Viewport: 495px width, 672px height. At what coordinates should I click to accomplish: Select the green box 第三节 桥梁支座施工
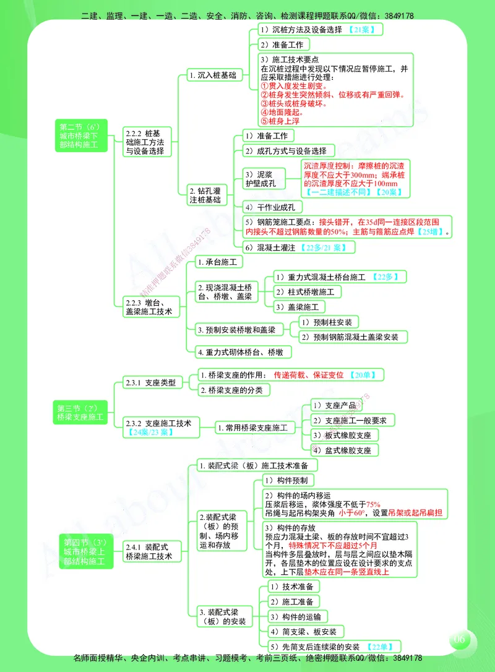point(81,412)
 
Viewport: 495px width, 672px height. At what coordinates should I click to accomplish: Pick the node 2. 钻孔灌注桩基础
point(207,195)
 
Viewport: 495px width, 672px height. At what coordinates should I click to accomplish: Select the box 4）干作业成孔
point(272,207)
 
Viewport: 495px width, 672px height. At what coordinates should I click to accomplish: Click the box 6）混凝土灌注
point(298,247)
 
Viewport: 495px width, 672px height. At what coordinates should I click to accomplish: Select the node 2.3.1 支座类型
point(150,382)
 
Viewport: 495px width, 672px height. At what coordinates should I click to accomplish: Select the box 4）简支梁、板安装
point(304,632)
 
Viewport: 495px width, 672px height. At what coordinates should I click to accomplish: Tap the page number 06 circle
point(459,639)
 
